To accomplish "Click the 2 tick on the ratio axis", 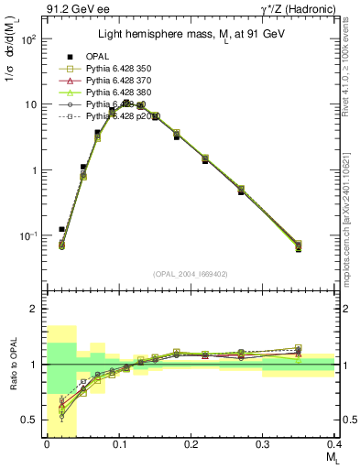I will point(35,309).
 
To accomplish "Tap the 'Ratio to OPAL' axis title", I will point(11,365).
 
